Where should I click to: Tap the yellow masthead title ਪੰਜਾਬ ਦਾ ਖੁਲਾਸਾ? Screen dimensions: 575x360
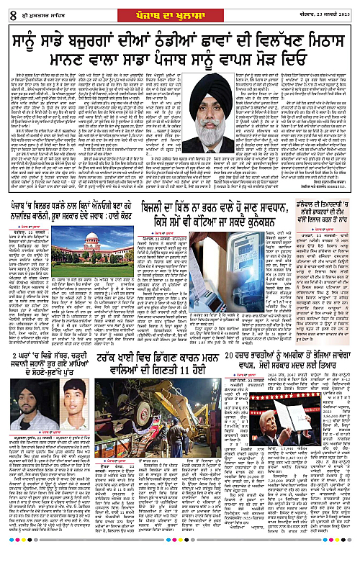[179, 8]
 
